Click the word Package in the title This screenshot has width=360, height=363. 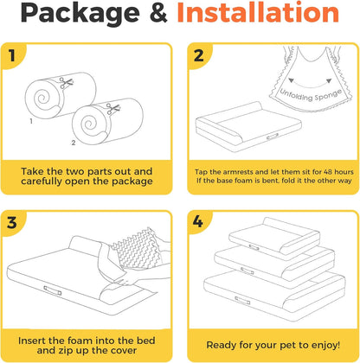point(80,14)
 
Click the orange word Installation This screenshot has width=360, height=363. point(258,12)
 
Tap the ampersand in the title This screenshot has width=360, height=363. point(158,12)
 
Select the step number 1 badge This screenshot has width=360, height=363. point(12,55)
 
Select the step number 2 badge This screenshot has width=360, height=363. point(198,55)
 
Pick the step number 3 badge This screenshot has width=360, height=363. point(12,223)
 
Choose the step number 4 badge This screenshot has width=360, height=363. point(198,222)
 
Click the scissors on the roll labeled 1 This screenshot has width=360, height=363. point(66,83)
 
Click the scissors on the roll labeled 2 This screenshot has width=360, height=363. point(112,109)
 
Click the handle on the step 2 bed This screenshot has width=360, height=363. point(273,137)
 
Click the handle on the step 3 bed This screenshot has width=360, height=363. point(53,290)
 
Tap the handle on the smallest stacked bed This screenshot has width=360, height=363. point(254,247)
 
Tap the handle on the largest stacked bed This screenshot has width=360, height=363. point(242,300)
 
